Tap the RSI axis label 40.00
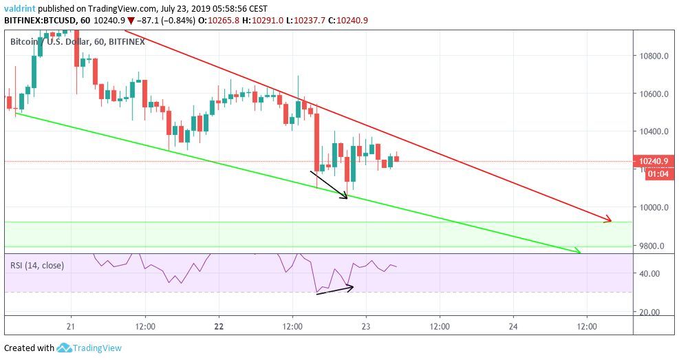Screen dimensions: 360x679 click(649, 273)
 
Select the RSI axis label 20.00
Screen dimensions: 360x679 click(649, 312)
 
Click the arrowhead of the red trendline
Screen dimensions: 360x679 click(608, 220)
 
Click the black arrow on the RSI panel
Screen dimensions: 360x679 click(334, 290)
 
